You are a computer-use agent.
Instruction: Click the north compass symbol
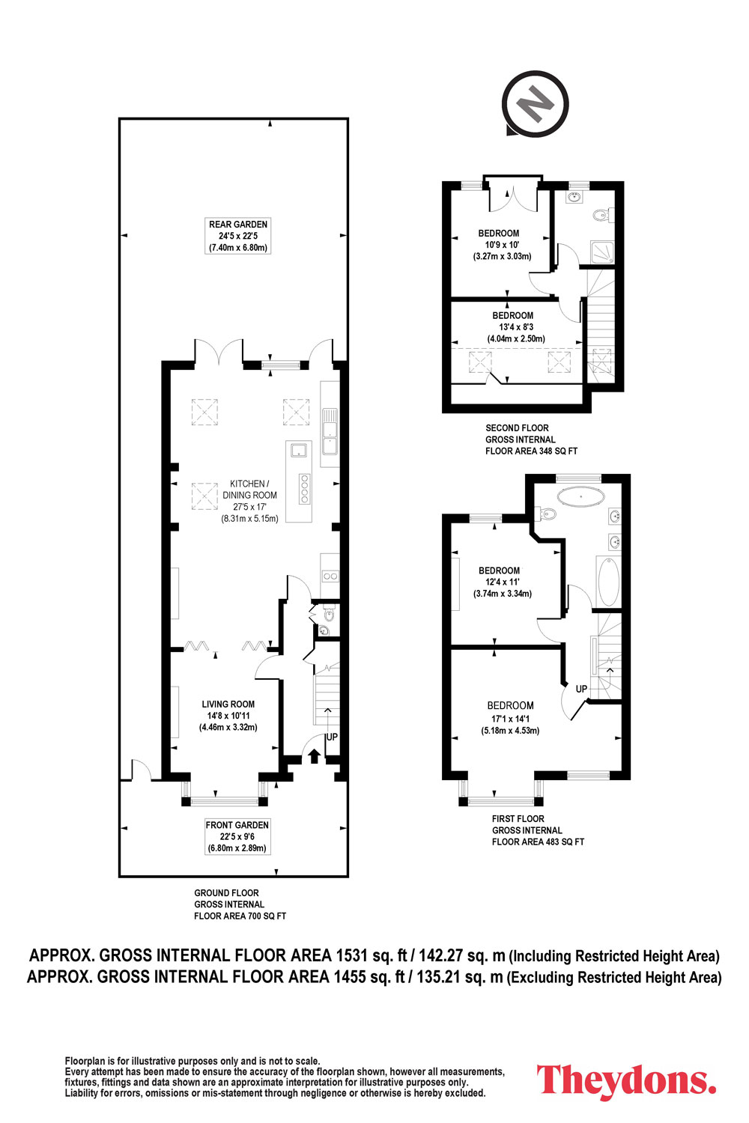click(535, 104)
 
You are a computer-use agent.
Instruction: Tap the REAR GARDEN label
click(237, 224)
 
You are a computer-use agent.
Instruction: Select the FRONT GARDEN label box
click(237, 836)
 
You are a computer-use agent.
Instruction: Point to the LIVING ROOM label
click(228, 704)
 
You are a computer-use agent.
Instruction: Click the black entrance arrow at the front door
click(314, 755)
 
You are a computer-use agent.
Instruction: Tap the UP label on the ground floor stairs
click(332, 737)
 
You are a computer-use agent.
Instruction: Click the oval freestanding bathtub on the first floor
click(580, 496)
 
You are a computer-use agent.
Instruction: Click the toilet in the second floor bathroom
click(602, 216)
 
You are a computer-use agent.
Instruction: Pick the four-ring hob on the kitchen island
click(303, 488)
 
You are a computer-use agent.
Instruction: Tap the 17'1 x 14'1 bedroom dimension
click(510, 719)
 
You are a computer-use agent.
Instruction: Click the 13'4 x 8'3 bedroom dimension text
click(516, 327)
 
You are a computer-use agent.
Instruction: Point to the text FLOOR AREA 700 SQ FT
click(240, 916)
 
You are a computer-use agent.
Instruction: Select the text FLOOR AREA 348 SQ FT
click(531, 451)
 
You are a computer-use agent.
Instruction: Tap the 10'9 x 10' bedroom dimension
click(502, 245)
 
